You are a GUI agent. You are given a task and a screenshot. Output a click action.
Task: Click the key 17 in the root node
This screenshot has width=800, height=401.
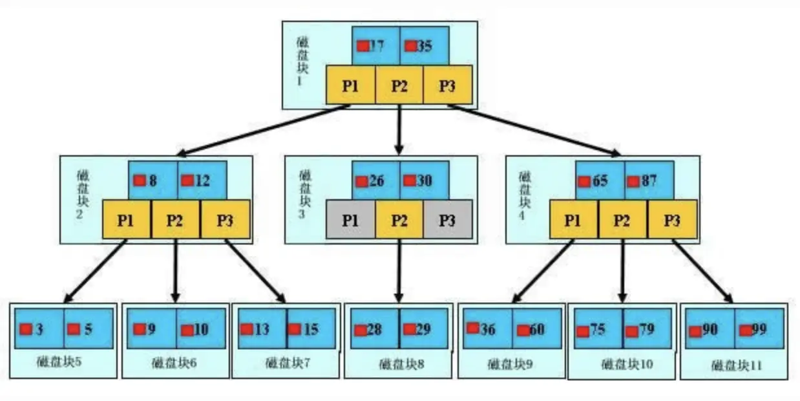point(376,46)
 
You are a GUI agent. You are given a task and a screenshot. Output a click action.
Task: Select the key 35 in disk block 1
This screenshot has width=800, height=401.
point(424,46)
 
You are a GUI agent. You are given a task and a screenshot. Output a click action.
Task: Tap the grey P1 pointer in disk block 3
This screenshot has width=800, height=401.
point(350,220)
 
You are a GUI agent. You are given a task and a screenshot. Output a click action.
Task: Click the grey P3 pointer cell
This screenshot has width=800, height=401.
point(448,220)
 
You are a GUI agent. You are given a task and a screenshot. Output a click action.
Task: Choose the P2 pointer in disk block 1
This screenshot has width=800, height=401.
point(399,86)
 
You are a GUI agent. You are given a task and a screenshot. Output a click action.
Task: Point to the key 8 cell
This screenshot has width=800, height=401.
point(153,180)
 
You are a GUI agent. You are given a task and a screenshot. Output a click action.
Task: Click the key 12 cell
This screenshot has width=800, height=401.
point(202,180)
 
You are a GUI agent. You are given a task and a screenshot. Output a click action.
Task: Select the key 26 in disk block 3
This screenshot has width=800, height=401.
point(376,180)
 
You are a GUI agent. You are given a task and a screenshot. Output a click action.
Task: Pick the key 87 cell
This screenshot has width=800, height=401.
point(649,180)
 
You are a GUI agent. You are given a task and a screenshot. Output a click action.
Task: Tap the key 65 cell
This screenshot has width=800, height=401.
point(600,180)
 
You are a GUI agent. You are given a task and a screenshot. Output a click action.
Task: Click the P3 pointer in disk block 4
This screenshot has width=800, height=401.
point(673,220)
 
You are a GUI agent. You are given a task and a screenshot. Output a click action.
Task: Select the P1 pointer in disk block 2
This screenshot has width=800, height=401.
point(126,220)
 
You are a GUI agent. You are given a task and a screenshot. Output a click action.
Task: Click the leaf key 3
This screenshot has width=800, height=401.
point(39,329)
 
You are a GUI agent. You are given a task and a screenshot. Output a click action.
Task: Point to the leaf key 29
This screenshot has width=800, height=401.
point(423,329)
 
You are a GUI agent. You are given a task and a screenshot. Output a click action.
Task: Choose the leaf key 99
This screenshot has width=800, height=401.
point(759,329)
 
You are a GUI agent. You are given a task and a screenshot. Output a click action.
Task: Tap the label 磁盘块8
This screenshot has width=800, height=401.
point(401,363)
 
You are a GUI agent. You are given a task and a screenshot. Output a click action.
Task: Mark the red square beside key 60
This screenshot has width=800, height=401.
point(523,330)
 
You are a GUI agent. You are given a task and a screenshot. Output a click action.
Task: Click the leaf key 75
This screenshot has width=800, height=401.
point(598,329)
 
